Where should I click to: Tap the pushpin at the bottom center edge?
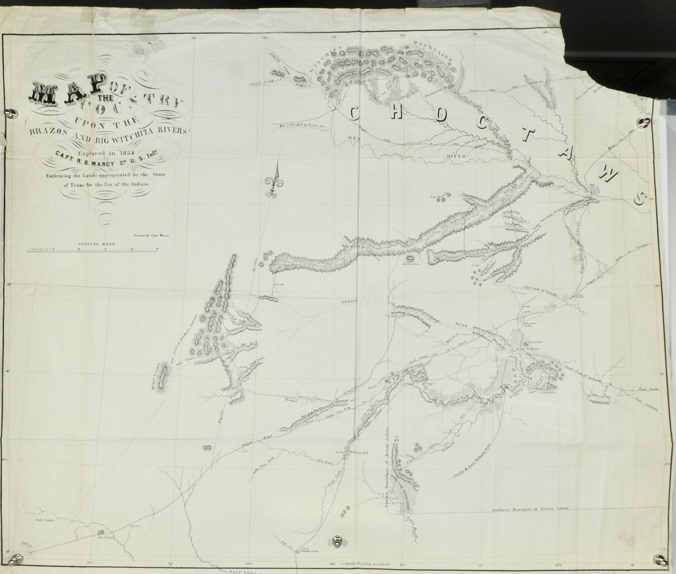coord(337,541)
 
